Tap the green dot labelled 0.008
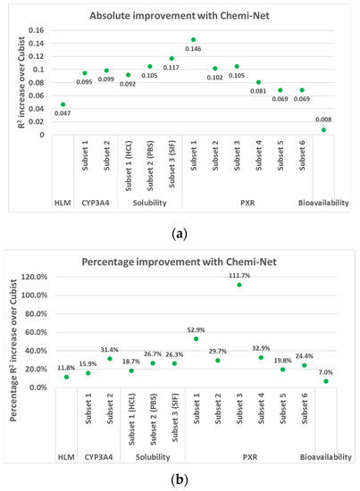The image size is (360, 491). [323, 129]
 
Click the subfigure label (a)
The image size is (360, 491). [180, 233]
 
